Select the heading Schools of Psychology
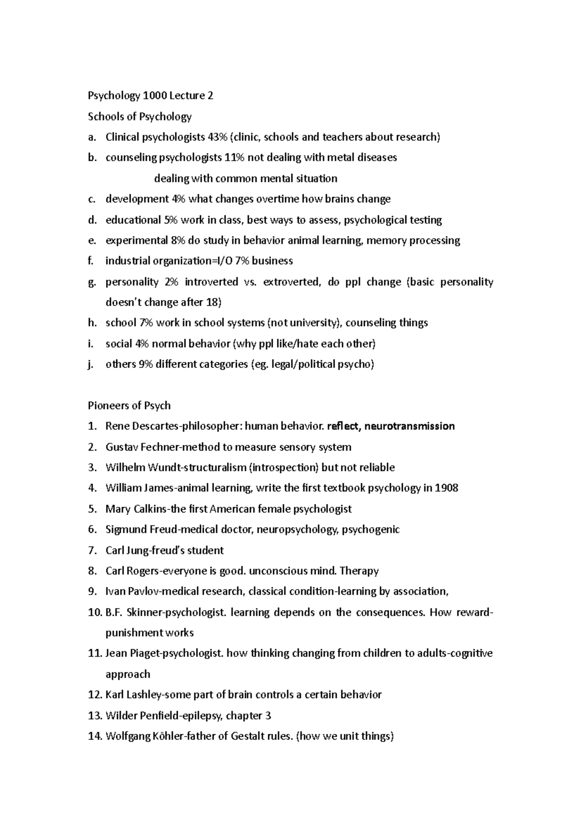point(139,117)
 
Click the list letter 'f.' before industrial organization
point(90,261)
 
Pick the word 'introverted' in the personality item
point(211,282)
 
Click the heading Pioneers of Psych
point(129,406)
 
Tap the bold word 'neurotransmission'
point(409,426)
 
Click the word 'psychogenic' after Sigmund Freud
point(371,530)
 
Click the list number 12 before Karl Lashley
point(94,695)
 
